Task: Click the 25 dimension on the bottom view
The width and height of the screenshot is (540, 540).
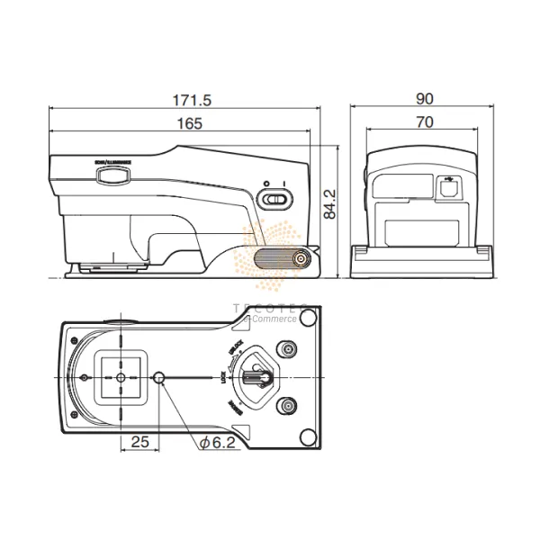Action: click(139, 441)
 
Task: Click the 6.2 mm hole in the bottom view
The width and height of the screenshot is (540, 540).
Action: click(160, 378)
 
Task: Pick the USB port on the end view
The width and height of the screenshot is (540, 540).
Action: click(447, 188)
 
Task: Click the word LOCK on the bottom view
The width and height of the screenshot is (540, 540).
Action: click(221, 378)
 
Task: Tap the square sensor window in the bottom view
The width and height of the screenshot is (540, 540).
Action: click(121, 378)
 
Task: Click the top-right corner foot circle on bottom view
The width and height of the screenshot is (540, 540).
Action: click(309, 319)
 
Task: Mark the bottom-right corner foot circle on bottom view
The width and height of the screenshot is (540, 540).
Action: click(309, 437)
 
